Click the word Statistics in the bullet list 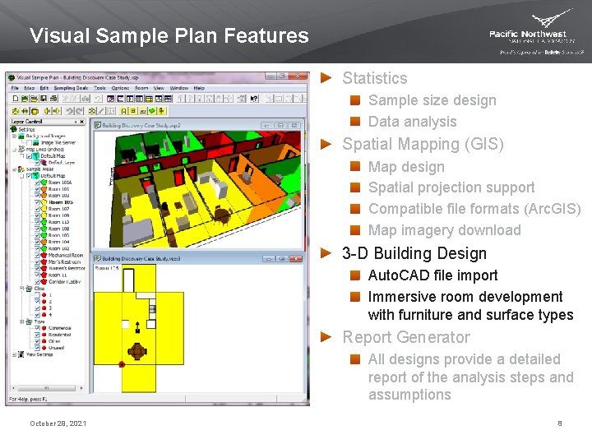pos(374,78)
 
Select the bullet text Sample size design pos(432,100)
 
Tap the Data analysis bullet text pos(412,122)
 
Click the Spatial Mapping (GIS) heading pos(423,144)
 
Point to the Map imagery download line pos(444,230)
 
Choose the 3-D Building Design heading pos(414,253)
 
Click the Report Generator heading pos(406,337)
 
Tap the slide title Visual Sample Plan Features pos(169,36)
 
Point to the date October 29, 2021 pos(58,423)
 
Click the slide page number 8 pos(559,423)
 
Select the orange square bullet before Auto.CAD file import pos(354,275)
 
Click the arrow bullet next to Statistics pos(326,78)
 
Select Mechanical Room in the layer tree pos(65,256)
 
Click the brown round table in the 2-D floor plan pos(137,351)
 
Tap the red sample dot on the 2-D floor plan pos(122,363)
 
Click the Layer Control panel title pos(26,121)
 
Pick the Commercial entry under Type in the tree pos(59,328)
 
